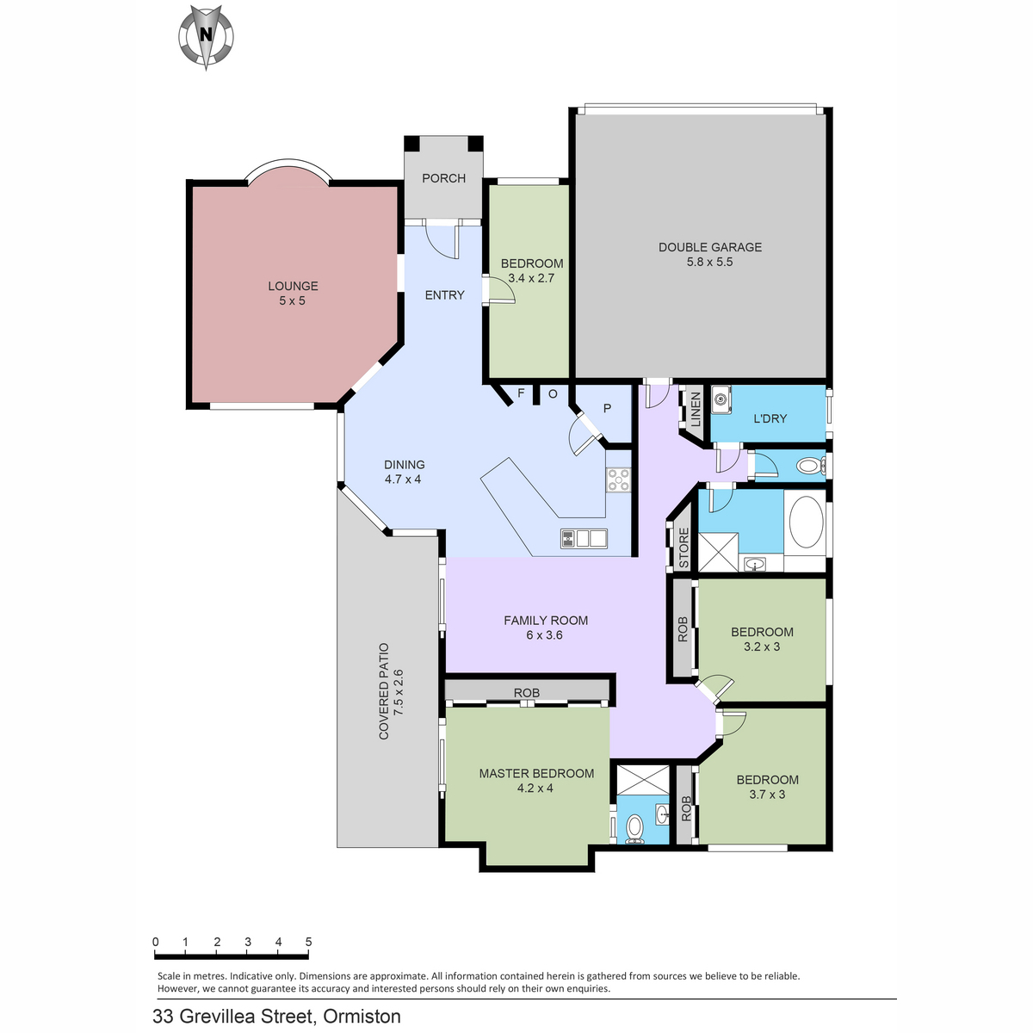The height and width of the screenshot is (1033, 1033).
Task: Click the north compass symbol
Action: click(x=206, y=37)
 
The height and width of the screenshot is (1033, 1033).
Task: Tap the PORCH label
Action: click(x=443, y=178)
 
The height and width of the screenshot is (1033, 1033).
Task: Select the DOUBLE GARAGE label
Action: click(x=709, y=247)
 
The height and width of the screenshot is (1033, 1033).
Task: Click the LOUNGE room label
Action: click(x=293, y=286)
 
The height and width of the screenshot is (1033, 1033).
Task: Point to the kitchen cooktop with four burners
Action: click(x=618, y=479)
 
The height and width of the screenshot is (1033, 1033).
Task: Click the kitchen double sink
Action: click(x=584, y=538)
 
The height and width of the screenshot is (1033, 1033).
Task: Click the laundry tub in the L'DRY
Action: click(x=721, y=399)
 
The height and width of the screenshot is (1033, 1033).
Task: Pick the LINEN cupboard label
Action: click(x=696, y=409)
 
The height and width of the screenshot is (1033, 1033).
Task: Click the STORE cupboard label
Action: click(x=684, y=547)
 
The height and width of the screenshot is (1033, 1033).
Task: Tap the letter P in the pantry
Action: click(x=607, y=408)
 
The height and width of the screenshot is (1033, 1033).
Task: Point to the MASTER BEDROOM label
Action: click(x=536, y=773)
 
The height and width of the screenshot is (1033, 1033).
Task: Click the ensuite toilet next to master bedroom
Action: click(x=634, y=829)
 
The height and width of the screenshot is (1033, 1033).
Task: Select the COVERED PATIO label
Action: click(x=384, y=691)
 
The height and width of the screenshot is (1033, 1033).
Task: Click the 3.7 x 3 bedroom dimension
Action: click(x=767, y=794)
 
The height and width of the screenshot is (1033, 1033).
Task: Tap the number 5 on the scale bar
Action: click(x=308, y=942)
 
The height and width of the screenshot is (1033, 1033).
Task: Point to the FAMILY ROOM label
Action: click(x=546, y=620)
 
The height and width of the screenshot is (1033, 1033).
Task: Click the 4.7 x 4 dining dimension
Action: click(x=403, y=479)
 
